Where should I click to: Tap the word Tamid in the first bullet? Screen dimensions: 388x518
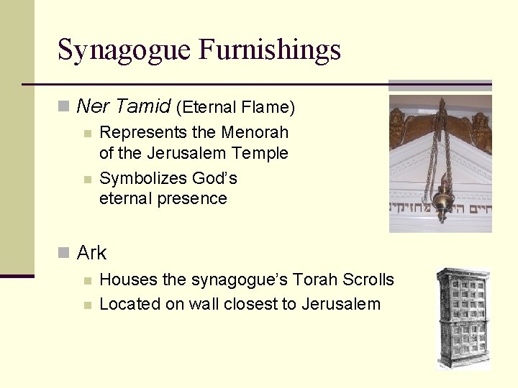tap(143, 107)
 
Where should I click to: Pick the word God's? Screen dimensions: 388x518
tap(215, 178)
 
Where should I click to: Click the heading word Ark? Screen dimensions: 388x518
tap(91, 253)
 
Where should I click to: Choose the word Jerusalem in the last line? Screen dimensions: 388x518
tap(340, 304)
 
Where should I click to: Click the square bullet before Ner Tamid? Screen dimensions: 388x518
tap(63, 107)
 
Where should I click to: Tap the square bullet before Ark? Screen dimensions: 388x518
tap(63, 253)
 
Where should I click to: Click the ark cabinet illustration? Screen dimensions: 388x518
tap(463, 318)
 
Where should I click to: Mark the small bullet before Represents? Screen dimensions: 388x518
tap(87, 133)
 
